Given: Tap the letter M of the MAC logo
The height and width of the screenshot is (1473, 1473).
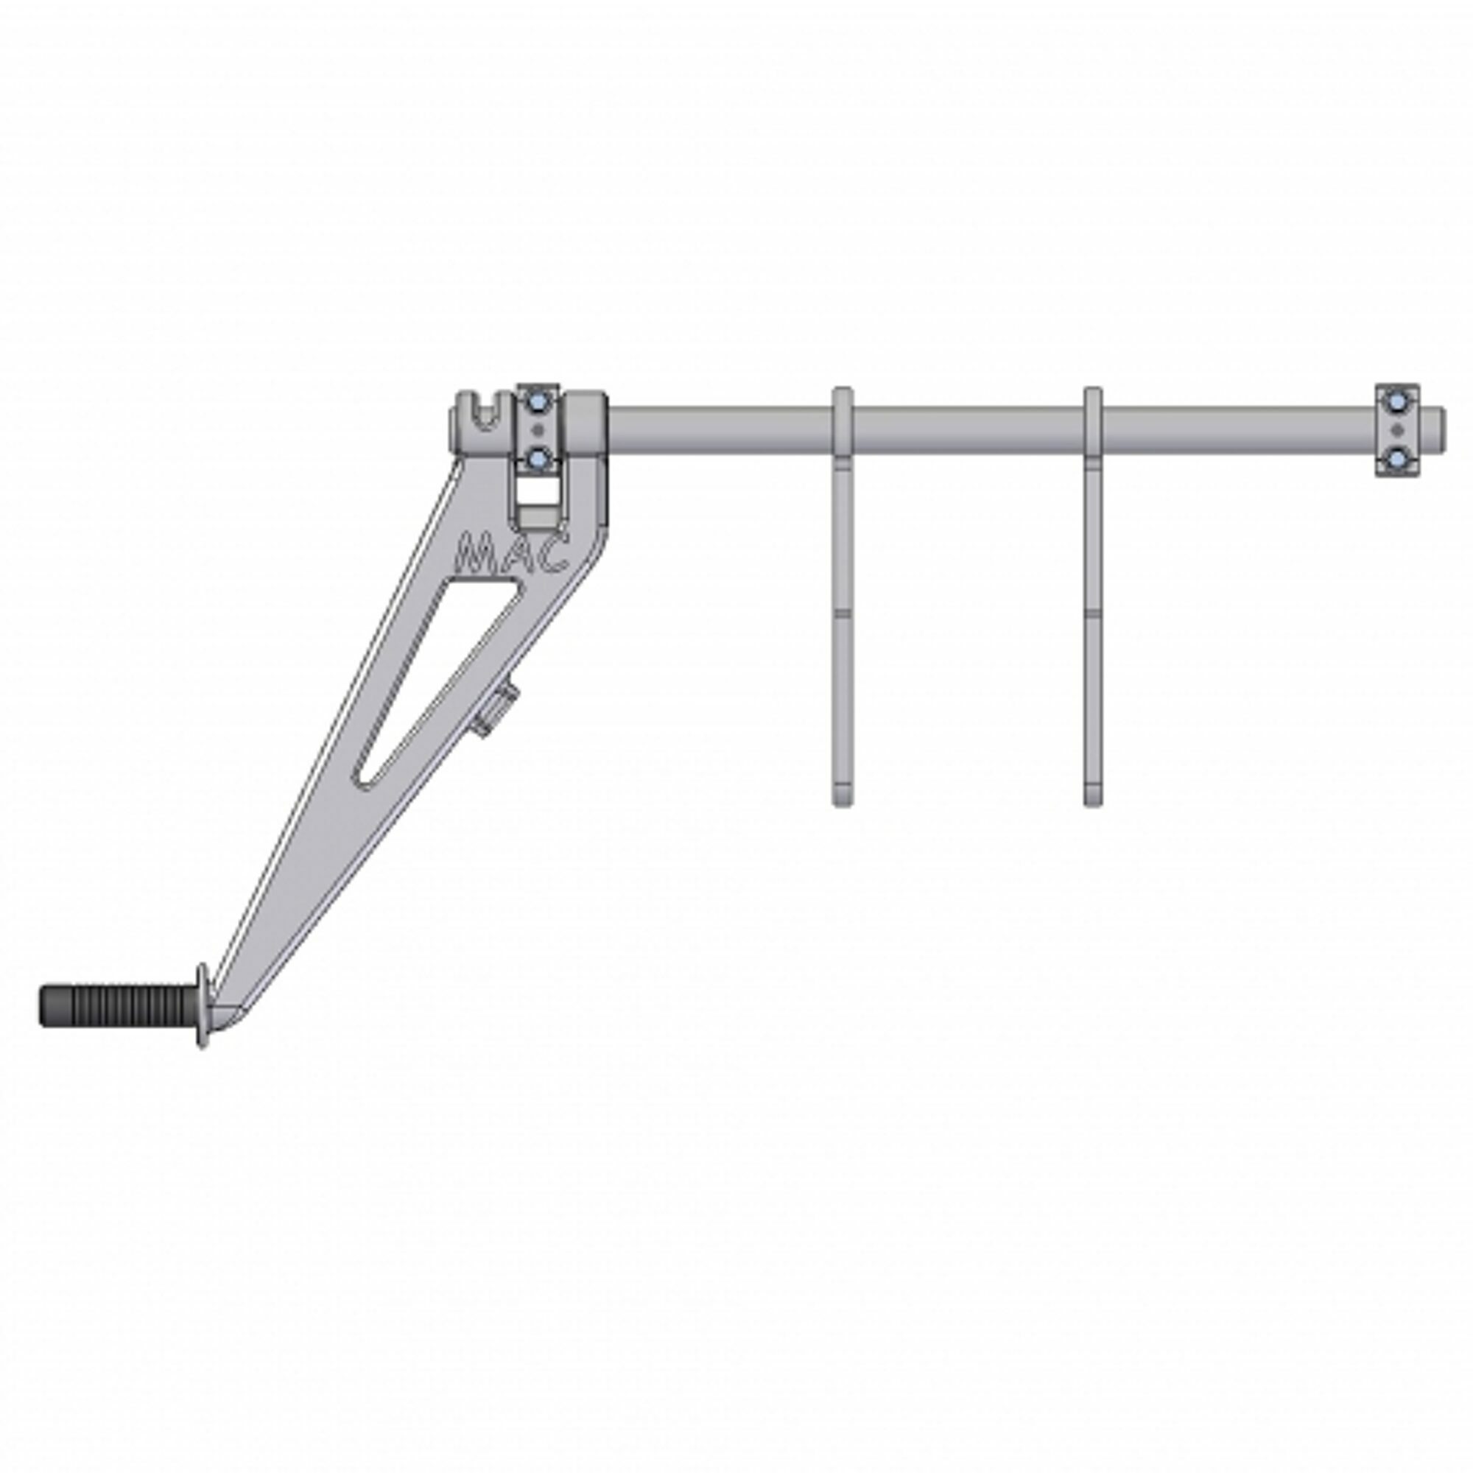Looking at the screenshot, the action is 474,555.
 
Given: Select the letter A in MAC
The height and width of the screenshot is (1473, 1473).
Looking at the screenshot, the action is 513,555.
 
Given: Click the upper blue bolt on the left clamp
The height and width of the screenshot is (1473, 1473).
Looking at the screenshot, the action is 539,401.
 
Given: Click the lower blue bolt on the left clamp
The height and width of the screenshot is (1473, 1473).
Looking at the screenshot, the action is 539,457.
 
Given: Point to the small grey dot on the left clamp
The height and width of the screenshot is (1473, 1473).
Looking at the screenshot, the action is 539,429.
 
